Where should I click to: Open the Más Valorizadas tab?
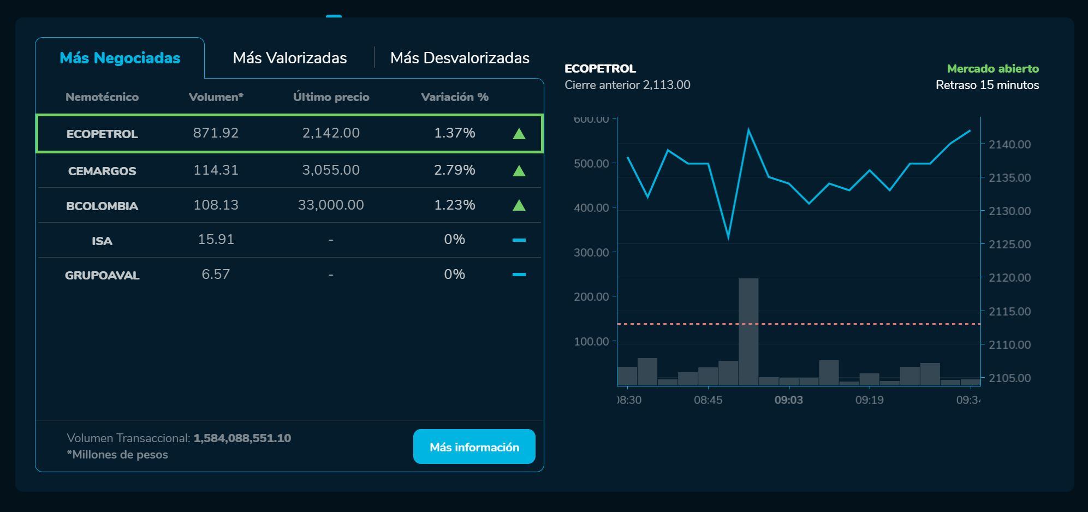[x=289, y=58]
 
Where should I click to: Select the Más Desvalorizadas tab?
[x=460, y=58]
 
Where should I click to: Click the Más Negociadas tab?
[x=120, y=58]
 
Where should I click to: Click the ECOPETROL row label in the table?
[x=102, y=134]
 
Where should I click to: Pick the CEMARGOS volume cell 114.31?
[x=216, y=170]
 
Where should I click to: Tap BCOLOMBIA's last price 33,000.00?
[x=331, y=205]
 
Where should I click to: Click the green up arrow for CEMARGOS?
[x=519, y=171]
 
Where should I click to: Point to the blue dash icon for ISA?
[x=519, y=240]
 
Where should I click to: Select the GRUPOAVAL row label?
[x=102, y=275]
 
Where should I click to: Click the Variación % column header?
[x=454, y=97]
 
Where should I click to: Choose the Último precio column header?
[x=331, y=97]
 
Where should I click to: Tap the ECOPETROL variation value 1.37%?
[x=454, y=133]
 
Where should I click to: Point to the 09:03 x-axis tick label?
[x=788, y=400]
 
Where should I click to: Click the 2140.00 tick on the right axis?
[x=1009, y=145]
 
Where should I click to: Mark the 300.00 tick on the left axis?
[x=591, y=252]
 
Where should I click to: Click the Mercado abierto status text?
[x=992, y=69]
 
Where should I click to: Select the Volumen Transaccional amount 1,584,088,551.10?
[x=242, y=438]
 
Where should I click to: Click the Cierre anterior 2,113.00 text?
[x=627, y=85]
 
